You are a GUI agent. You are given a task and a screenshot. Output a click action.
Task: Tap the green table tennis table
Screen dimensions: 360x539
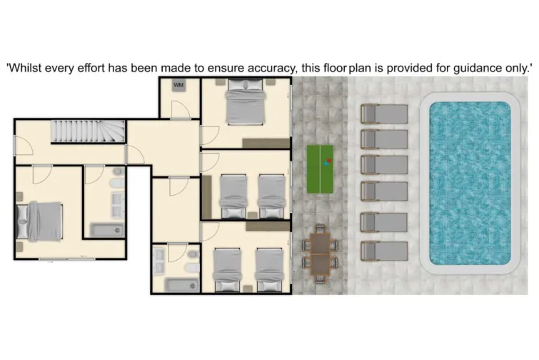[321, 169]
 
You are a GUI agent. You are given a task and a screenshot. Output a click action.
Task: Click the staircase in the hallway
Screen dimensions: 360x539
[88, 132]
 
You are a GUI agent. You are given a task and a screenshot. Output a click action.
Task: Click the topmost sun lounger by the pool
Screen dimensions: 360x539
[383, 114]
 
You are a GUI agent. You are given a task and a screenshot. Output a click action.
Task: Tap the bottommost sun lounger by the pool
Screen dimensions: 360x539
[383, 251]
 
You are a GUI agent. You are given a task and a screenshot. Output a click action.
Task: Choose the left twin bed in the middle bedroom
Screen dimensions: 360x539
[233, 195]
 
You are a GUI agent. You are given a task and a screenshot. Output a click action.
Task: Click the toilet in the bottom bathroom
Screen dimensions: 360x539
[191, 266]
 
